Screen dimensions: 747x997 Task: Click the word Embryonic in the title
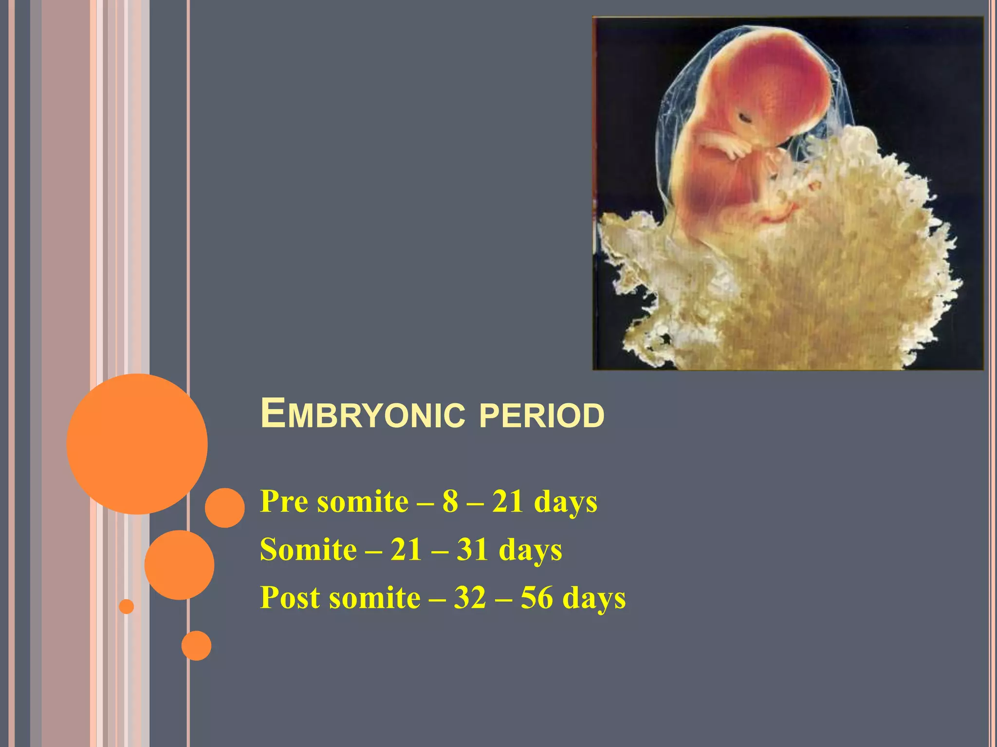coord(363,414)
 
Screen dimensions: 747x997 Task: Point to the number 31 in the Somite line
coord(472,550)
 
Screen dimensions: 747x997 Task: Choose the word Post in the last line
coord(291,597)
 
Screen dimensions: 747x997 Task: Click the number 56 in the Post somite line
coord(537,597)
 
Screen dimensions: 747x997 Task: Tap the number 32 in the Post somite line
coord(470,597)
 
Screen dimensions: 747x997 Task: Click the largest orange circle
coord(137,444)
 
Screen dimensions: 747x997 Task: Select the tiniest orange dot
coord(127,606)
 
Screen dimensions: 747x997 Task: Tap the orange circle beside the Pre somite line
coord(224,508)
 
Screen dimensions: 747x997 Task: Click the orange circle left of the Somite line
coord(179,565)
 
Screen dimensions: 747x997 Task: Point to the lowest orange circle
coord(196,645)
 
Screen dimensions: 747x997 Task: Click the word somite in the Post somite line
coord(374,597)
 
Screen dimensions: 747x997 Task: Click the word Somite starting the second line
coord(308,550)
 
